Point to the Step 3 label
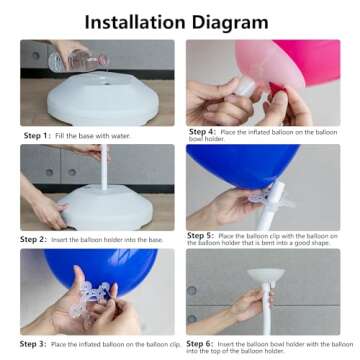click(33, 343)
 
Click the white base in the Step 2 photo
click(105, 208)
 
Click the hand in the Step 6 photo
click(245, 305)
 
